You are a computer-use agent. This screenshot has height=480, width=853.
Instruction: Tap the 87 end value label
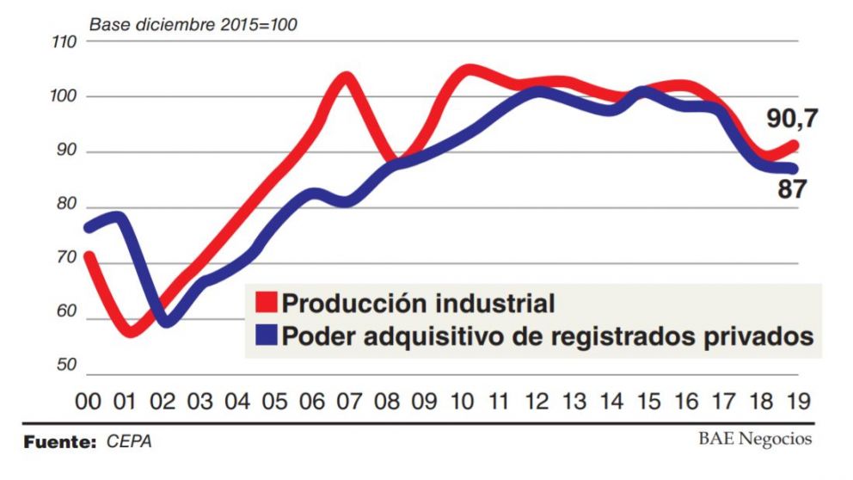tap(792, 189)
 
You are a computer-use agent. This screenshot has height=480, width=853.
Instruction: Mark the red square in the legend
tap(267, 303)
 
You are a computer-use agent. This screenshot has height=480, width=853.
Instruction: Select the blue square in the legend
tap(267, 335)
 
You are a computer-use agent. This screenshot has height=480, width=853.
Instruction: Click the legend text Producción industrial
tap(418, 303)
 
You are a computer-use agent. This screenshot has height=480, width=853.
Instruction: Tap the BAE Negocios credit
tap(754, 440)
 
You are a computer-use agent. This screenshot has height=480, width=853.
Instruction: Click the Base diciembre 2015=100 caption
tap(193, 24)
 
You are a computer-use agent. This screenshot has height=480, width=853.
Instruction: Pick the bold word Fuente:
tap(59, 442)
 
